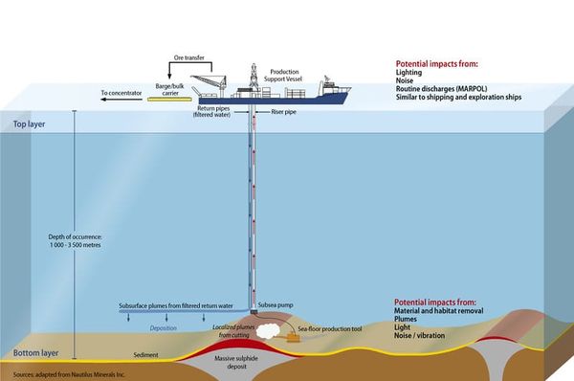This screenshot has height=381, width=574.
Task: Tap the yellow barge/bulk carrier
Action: [168, 98]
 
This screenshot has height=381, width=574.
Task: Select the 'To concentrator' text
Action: [121, 94]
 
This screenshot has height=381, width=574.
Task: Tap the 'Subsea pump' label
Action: [277, 305]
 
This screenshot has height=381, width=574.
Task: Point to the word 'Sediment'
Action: [145, 355]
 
